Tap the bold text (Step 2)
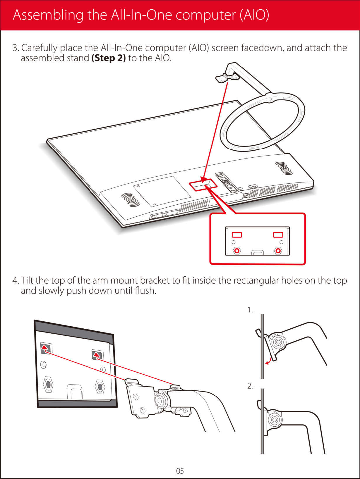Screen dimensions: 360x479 [109, 58]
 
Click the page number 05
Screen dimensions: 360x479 [180, 471]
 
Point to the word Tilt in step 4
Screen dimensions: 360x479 [27, 280]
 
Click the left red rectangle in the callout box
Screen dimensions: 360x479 [237, 235]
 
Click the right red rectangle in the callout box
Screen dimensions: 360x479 [278, 235]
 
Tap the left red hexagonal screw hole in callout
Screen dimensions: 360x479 [237, 251]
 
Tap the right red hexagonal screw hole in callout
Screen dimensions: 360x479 [278, 251]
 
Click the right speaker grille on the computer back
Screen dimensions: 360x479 [284, 168]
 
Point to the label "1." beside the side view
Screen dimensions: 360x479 [250, 310]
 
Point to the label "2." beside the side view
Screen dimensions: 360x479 [250, 386]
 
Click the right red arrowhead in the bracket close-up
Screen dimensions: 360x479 [97, 355]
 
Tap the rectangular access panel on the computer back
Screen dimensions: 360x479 [162, 191]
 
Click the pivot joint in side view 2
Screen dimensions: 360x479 [274, 420]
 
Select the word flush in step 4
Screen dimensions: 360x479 [145, 291]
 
